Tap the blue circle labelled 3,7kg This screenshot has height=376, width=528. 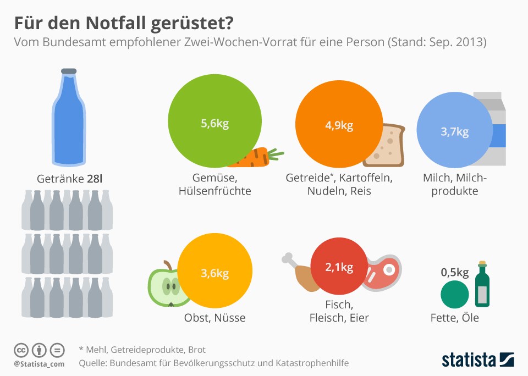point(454,132)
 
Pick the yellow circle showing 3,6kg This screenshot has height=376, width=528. point(215,273)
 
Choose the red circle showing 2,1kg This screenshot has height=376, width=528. point(339,268)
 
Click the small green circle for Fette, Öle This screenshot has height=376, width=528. point(454,294)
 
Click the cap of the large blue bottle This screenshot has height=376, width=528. point(69,71)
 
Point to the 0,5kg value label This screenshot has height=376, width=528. point(454,272)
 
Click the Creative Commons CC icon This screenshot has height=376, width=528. point(21,350)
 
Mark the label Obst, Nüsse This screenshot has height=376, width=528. point(215,318)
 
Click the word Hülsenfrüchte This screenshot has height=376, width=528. point(215,191)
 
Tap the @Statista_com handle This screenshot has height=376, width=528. point(39,364)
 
